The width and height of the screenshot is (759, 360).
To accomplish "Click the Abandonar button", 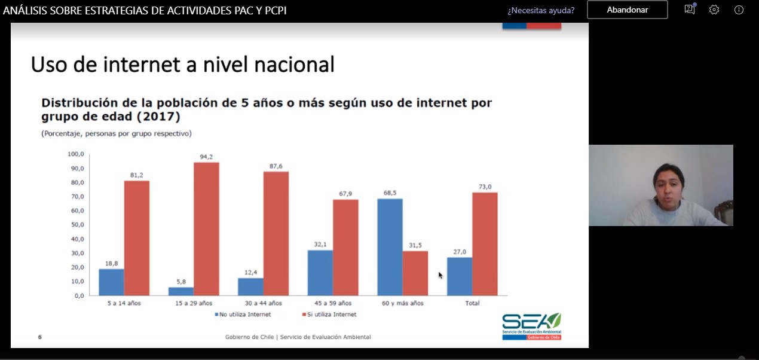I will (627, 10).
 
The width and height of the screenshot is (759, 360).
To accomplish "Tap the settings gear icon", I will (714, 10).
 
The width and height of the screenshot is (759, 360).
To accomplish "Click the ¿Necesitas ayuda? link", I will (541, 10).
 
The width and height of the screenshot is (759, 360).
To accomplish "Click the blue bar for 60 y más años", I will (390, 247).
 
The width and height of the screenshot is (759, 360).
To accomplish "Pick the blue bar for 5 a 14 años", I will (111, 282).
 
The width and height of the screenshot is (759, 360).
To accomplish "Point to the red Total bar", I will (485, 244).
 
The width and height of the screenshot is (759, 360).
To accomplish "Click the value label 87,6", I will (276, 166).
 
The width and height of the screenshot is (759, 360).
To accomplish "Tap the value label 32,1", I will (320, 245).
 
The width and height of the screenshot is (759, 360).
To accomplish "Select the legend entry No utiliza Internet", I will (243, 314).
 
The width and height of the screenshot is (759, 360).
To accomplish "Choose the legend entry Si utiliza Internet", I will (329, 314).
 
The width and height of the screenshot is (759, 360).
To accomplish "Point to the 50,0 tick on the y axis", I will (75, 225).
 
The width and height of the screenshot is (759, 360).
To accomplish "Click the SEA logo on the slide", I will (531, 326).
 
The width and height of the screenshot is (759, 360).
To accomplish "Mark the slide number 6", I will (40, 337).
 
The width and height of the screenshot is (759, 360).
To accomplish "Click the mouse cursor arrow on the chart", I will (440, 275).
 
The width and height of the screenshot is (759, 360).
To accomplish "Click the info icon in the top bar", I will (739, 10).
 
